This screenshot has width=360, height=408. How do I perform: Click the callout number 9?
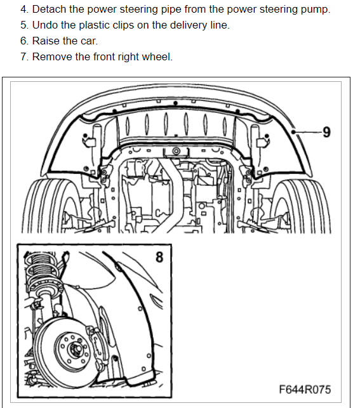(x=326, y=132)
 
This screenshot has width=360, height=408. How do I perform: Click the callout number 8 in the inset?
(x=159, y=257)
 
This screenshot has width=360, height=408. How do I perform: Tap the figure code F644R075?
(x=305, y=390)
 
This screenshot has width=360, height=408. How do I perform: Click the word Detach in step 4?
(x=49, y=10)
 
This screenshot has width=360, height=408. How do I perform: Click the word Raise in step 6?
(x=46, y=41)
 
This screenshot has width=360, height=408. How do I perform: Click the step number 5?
(x=24, y=25)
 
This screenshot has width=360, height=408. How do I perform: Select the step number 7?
(x=24, y=57)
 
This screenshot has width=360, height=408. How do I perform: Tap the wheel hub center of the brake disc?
(x=76, y=349)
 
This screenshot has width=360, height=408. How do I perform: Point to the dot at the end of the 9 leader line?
(x=293, y=132)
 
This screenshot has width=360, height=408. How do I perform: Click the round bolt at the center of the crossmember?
(x=176, y=151)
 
